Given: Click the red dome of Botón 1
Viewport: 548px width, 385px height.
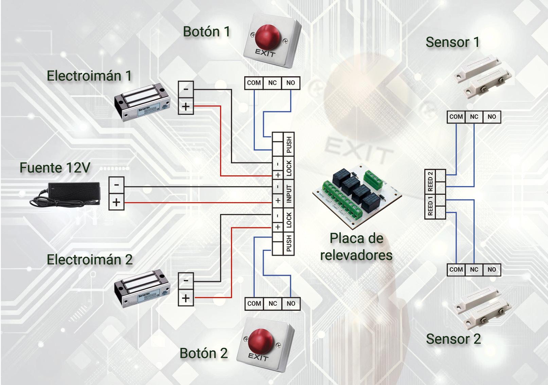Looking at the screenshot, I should tap(267, 36).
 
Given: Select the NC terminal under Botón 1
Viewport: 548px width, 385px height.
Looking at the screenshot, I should tap(272, 83).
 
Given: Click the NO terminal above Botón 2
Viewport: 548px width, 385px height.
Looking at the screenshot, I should tap(291, 304).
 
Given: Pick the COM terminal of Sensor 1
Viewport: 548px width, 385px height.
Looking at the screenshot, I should tap(456, 117).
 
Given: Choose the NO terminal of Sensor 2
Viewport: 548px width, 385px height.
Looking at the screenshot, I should tap(492, 270).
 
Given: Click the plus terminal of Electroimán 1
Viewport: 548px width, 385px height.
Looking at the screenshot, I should tap(186, 107).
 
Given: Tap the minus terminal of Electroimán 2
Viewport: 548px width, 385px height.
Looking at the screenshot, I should tap(186, 280).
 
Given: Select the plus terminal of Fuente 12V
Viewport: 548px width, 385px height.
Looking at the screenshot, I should tap(117, 202).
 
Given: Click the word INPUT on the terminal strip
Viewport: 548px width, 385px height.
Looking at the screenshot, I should tap(289, 194).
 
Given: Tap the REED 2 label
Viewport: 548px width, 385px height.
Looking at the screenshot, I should tap(430, 181).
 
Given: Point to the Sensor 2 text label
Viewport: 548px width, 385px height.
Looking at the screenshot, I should tap(453, 339).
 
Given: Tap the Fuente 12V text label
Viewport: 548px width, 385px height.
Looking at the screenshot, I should tap(55, 168).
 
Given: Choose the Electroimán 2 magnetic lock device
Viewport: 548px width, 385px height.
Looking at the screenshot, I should tap(142, 288).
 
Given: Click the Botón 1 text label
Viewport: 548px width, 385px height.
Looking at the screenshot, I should tap(207, 32).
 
